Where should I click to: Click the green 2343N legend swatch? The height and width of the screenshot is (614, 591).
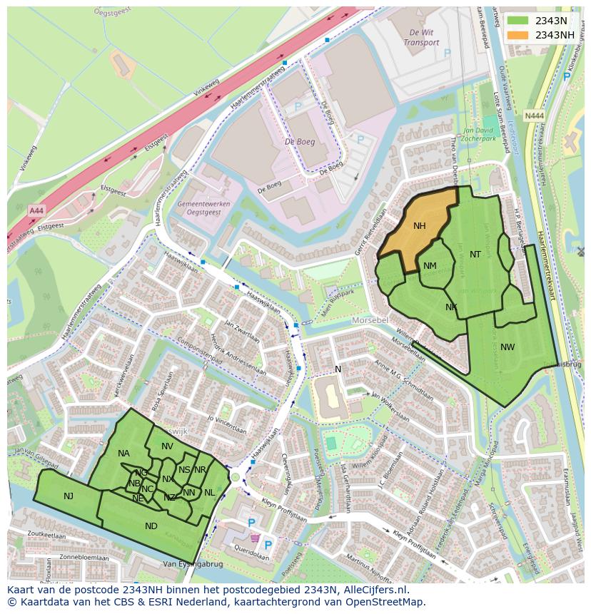click(518, 21)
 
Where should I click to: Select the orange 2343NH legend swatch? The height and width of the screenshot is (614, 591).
click(518, 35)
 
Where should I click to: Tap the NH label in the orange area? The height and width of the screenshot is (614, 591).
click(420, 226)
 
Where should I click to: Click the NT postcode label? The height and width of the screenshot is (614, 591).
click(475, 255)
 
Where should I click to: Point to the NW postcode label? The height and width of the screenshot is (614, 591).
click(507, 347)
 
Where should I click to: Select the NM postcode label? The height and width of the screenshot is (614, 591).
click(430, 266)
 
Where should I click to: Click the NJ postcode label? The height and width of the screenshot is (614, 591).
click(69, 496)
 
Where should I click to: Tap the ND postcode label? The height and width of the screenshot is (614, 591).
click(151, 526)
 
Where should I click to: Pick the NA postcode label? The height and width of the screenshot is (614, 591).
click(124, 454)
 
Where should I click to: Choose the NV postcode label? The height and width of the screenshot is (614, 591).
click(167, 446)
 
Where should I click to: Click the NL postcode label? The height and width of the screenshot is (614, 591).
click(209, 493)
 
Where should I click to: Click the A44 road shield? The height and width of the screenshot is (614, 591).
click(36, 211)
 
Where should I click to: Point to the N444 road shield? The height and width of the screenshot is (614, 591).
click(533, 114)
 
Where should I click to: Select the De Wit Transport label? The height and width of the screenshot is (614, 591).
click(421, 38)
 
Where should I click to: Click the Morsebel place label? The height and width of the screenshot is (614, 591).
click(370, 321)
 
